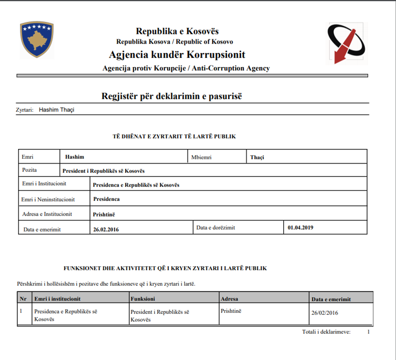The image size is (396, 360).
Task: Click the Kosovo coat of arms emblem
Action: (x=37, y=40)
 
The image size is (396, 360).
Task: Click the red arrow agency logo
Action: (x=347, y=44)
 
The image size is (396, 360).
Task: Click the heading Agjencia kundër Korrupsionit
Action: (x=177, y=55)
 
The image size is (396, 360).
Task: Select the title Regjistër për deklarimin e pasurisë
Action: (x=172, y=97)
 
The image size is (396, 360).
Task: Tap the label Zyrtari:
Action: (x=24, y=109)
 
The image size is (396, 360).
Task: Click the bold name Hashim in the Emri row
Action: (x=74, y=157)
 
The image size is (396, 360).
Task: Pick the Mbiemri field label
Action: (x=201, y=157)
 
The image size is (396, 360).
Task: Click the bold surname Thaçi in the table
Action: (x=257, y=157)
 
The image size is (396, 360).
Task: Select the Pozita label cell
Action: (x=29, y=170)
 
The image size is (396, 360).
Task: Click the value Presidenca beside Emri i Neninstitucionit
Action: (x=106, y=199)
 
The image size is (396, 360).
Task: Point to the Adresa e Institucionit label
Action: (x=47, y=214)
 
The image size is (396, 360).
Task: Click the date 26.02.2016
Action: (x=106, y=229)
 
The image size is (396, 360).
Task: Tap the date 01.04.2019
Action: (x=300, y=227)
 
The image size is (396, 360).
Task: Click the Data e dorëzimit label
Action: (x=216, y=227)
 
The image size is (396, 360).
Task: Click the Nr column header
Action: (x=23, y=299)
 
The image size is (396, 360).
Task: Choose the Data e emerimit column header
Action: (x=331, y=299)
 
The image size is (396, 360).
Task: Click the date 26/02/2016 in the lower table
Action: (x=325, y=313)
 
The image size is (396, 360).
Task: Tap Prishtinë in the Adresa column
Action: (x=231, y=311)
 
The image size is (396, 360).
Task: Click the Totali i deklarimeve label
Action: (x=326, y=332)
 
